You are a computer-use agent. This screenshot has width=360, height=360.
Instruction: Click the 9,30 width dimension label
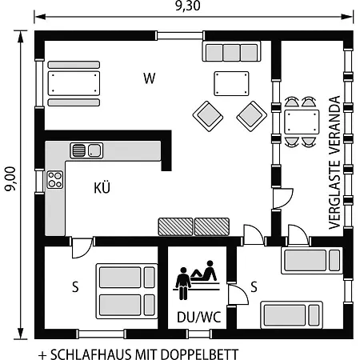tap(188, 6)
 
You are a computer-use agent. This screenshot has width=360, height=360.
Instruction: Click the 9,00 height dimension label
tap(10, 179)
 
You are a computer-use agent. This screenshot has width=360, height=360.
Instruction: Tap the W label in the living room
tap(150, 78)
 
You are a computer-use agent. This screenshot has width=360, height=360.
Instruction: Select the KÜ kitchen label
tap(102, 187)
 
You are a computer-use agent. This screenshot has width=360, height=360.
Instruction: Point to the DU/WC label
tap(199, 317)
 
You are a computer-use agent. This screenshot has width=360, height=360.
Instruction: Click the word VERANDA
tap(334, 125)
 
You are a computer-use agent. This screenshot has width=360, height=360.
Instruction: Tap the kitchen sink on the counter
tap(86, 150)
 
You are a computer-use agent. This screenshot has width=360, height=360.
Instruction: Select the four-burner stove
tap(55, 180)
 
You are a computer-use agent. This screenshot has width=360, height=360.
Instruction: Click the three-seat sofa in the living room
tap(232, 51)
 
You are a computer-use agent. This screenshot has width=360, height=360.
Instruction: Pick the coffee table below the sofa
tap(231, 83)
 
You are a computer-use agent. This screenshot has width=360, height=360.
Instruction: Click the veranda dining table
tap(302, 122)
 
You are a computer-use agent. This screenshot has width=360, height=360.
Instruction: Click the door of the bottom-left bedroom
tap(82, 248)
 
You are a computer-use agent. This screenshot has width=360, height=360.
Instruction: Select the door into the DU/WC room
tap(238, 294)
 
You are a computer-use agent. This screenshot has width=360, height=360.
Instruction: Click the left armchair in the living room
tap(208, 116)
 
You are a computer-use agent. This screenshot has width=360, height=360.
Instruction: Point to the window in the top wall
tap(180, 36)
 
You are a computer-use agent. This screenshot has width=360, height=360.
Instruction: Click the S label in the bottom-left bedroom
tap(75, 287)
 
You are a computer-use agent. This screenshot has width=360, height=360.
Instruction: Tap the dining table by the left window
tap(74, 83)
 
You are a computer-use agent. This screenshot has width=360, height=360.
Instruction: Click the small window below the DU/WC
tap(199, 334)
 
